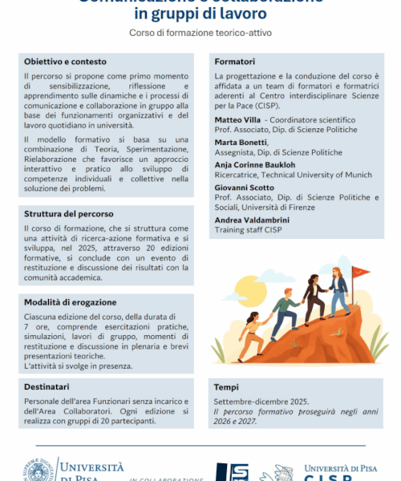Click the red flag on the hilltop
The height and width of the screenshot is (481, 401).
[x=362, y=272]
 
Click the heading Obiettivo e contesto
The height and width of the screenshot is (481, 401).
[x=65, y=62]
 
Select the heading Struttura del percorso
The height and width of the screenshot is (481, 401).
[x=68, y=214]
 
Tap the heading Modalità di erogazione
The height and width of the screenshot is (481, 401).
[x=71, y=302]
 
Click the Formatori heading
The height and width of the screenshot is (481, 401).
[x=235, y=61]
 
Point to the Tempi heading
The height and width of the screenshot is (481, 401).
[x=226, y=387]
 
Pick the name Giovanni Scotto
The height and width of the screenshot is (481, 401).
[x=242, y=188]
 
